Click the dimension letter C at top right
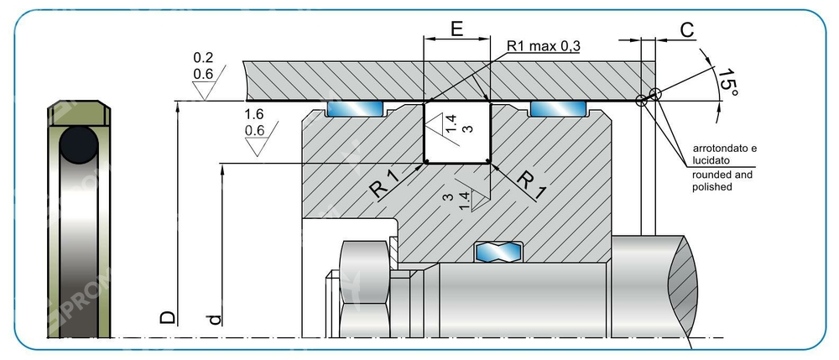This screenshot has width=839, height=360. point(686,31)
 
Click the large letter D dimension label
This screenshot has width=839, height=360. point(168,317)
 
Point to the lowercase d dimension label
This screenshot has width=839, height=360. point(215,319)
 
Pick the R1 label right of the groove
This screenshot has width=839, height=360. point(529,183)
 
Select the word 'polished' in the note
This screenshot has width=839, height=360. point(713,187)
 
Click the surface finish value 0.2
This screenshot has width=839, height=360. point(203,59)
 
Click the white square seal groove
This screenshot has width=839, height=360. point(457,132)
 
